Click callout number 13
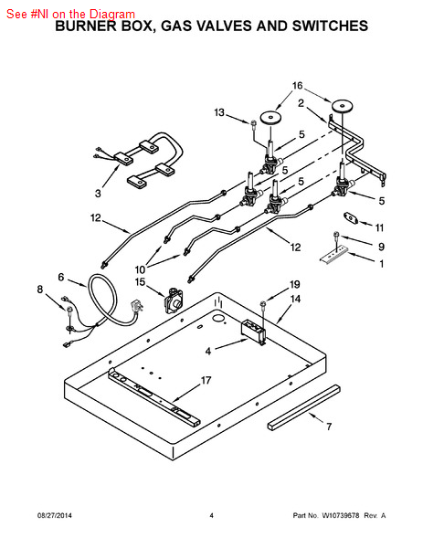pos(219,112)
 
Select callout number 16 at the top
pos(298,86)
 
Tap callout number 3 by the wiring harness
pos(98,194)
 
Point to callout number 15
pos(140,281)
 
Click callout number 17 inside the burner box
pos(206,380)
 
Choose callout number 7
pos(329,427)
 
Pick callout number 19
pos(295,284)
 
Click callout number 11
pos(380,227)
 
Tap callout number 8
pos(40,290)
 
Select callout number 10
pos(140,269)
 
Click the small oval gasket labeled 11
pos(350,218)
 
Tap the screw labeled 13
pos(253,124)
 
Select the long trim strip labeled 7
pos(304,407)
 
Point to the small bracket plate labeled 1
pos(333,255)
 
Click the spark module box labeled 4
pos(252,331)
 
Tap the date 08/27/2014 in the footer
pos(55,515)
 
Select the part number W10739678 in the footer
pos(340,515)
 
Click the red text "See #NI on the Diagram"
pos(70,14)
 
